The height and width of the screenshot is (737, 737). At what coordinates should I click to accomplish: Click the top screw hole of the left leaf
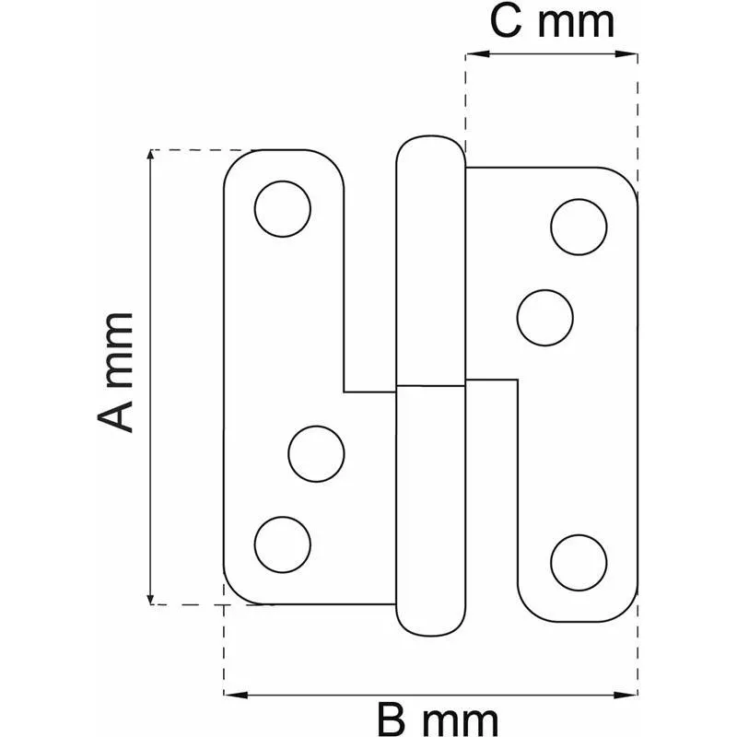click(283, 209)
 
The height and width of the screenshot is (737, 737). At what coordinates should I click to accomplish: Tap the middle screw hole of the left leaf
click(316, 453)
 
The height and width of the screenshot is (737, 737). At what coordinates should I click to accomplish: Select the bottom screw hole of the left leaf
click(283, 544)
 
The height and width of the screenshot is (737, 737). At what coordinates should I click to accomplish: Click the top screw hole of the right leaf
click(579, 227)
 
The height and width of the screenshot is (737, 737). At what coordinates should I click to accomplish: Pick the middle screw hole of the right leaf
click(544, 318)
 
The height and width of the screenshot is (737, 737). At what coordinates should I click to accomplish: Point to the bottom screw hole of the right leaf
click(579, 563)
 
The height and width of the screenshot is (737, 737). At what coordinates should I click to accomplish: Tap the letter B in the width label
click(394, 719)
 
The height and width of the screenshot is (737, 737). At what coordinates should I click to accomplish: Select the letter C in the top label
click(506, 21)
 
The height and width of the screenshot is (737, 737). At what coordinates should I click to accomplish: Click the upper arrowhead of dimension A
click(150, 155)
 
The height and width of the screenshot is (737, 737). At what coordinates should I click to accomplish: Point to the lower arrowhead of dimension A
click(150, 599)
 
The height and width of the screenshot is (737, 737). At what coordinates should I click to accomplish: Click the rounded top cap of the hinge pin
click(431, 151)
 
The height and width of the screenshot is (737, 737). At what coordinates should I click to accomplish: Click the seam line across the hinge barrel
click(431, 386)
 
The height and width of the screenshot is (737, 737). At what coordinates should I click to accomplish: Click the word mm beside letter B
click(460, 721)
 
